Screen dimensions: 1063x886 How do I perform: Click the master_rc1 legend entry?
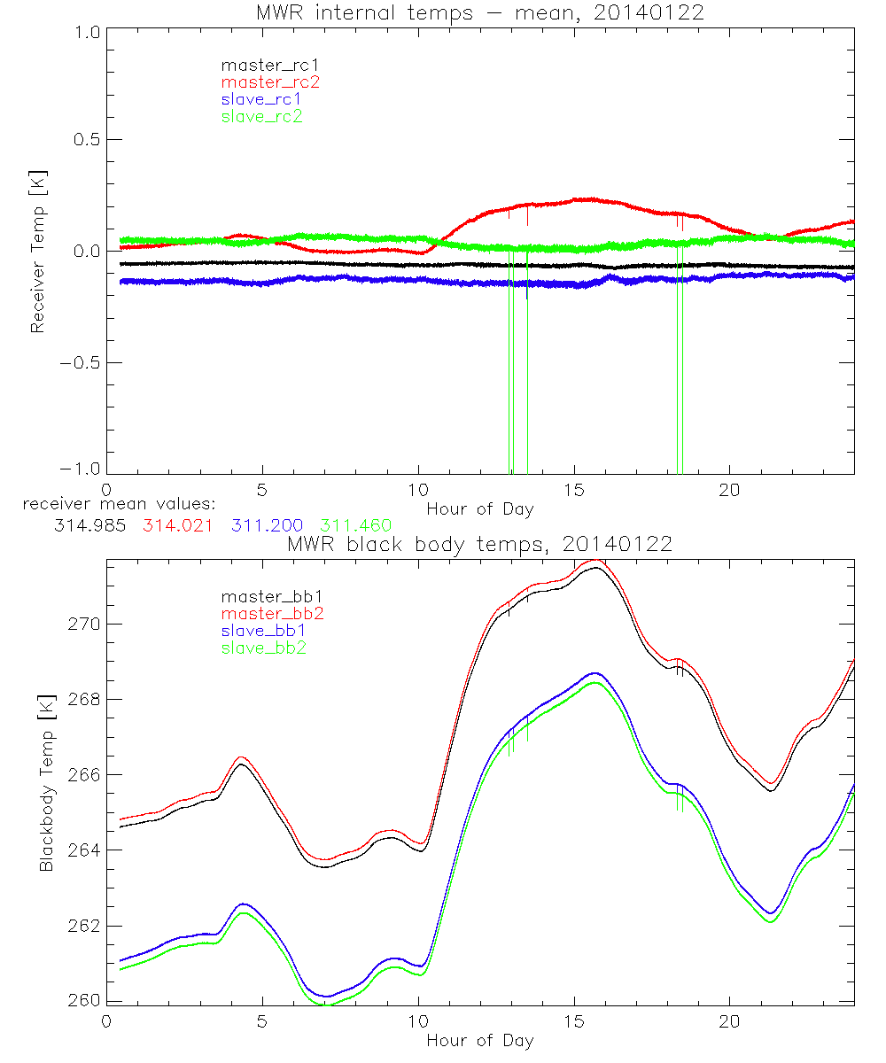point(261,66)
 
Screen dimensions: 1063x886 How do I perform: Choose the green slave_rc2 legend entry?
point(261,116)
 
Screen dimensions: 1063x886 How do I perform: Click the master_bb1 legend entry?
point(265,597)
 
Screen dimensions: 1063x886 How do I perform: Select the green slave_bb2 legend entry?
point(265,648)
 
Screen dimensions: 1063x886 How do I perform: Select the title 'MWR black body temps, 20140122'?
point(479,544)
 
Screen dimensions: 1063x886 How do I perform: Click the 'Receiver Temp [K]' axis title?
point(37,251)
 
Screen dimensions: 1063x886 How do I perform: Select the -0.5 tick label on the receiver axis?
point(80,363)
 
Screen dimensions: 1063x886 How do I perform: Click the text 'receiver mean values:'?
point(113,505)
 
